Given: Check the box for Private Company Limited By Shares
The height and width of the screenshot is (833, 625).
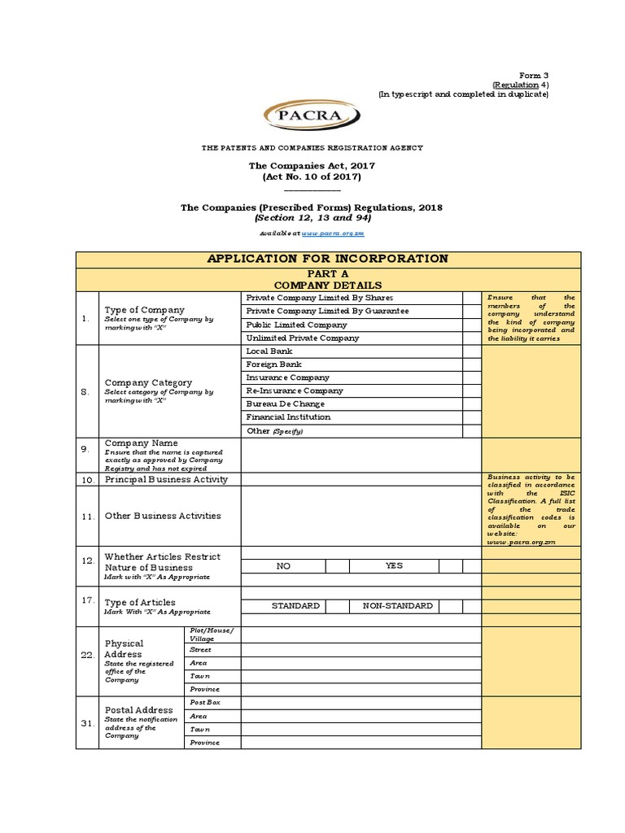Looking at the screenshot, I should [x=472, y=298].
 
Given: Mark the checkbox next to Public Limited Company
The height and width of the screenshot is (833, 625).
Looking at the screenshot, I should [x=472, y=325].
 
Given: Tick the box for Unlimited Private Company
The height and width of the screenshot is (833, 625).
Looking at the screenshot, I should [x=472, y=338].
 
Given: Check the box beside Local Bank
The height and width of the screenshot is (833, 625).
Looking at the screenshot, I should [x=472, y=351].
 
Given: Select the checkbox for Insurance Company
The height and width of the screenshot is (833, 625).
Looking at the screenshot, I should [x=472, y=377].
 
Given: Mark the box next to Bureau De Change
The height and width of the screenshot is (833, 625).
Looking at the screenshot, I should [x=472, y=403].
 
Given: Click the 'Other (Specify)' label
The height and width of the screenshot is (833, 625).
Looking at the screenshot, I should [x=274, y=430].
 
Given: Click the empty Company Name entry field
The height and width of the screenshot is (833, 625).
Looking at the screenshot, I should [x=361, y=455].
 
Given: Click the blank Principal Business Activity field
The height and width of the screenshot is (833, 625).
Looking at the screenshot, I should [x=361, y=479].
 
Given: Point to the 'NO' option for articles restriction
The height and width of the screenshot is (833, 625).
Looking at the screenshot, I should [x=283, y=565].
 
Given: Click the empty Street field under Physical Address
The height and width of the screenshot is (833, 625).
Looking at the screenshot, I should [x=361, y=650].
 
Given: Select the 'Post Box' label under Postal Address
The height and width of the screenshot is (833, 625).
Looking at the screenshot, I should [x=204, y=702].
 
